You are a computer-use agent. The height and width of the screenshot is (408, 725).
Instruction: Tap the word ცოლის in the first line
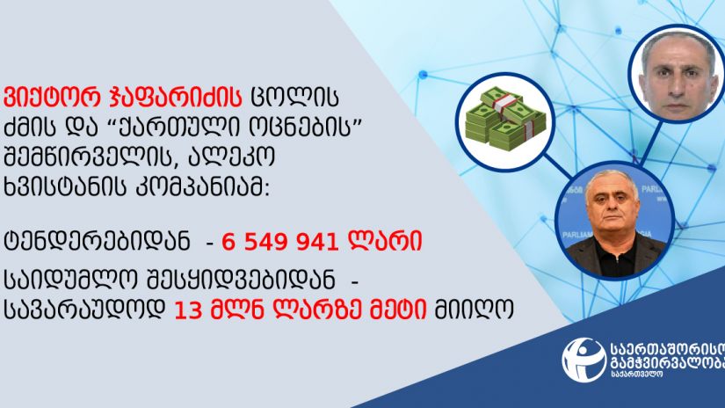click(294, 98)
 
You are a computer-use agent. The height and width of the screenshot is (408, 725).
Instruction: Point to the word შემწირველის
click(91, 157)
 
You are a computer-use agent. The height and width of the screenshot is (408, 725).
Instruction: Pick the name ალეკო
click(232, 157)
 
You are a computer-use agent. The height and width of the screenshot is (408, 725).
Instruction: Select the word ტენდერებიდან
click(97, 241)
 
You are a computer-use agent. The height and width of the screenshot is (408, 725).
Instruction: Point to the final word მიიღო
click(474, 310)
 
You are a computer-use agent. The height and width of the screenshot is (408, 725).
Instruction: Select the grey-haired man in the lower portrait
click(615, 225)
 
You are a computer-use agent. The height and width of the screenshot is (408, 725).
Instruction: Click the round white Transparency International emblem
click(584, 359)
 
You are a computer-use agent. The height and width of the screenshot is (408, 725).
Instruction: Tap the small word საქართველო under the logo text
click(636, 374)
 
